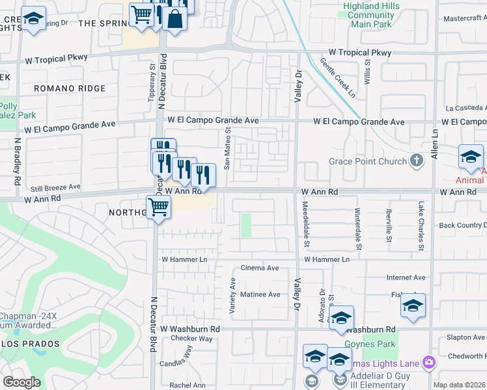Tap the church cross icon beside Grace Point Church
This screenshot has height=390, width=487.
click(418, 160)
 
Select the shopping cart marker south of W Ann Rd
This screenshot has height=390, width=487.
click(158, 209)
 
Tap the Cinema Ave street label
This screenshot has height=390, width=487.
click(260, 268)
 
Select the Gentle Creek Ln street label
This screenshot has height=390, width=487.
click(338, 77)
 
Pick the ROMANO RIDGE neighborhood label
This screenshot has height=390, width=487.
click(70, 88)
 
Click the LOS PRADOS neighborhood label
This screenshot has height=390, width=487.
click(30, 343)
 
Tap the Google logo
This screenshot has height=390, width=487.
click(21, 382)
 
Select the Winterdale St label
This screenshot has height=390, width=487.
click(357, 229)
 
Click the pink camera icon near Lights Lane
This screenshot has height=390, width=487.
click(428, 362)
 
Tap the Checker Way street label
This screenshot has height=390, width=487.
click(192, 339)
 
